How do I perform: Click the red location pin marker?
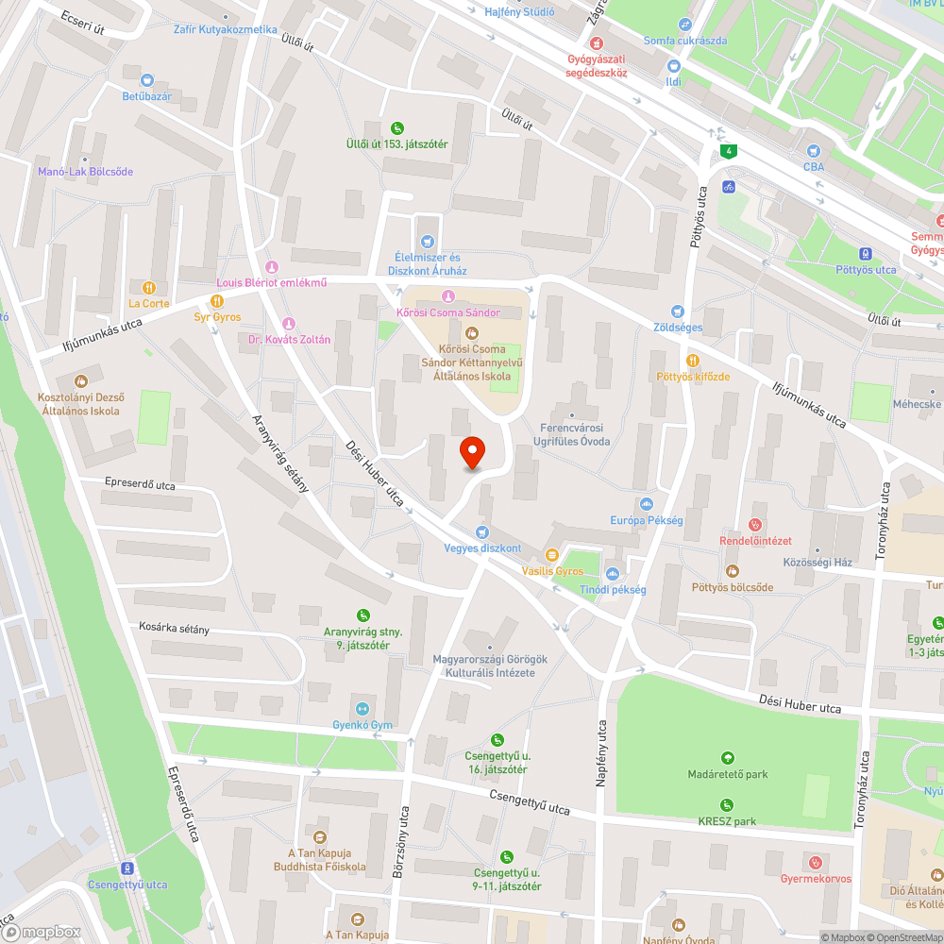[x=471, y=452]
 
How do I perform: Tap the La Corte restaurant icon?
[x=148, y=287]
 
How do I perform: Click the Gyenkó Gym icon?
[x=362, y=709]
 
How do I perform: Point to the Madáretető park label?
[x=727, y=774]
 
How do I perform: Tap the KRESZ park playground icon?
[x=727, y=804]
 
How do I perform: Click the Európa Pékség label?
[x=647, y=520]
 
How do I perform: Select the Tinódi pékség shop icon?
[x=613, y=573]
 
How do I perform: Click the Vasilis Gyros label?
[x=552, y=571]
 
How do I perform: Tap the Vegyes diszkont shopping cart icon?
[x=483, y=532]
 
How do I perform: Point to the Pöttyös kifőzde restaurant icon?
[x=693, y=360]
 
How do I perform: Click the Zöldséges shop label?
[x=678, y=328]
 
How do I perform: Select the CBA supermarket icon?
[x=813, y=150]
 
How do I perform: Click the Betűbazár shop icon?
[x=146, y=80]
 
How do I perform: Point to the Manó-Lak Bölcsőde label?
[x=85, y=172]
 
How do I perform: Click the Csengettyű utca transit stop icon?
[x=127, y=868]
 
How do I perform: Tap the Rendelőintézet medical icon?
[x=754, y=524]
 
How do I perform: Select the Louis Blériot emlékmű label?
[x=272, y=283]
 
